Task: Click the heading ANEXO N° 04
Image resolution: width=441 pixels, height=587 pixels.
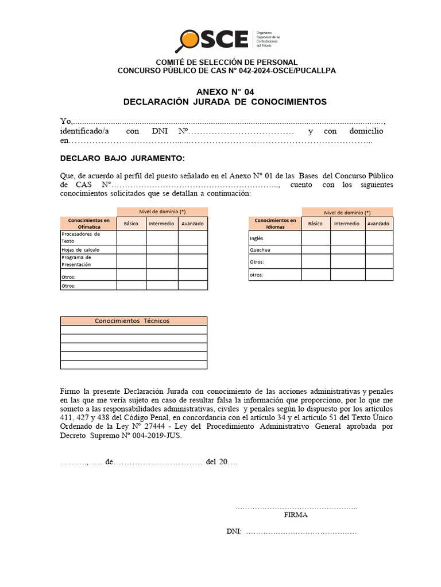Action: click(225, 92)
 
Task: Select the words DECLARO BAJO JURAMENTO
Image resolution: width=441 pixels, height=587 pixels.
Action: click(122, 158)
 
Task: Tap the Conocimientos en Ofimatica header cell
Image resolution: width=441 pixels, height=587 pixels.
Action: click(88, 224)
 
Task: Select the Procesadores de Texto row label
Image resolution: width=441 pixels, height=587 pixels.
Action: click(80, 237)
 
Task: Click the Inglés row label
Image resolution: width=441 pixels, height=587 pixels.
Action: click(256, 238)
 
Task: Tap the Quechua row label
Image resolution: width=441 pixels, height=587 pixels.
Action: click(260, 250)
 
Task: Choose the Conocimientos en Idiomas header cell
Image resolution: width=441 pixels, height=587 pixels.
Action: click(275, 224)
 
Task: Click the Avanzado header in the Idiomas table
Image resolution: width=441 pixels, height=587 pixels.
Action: click(378, 224)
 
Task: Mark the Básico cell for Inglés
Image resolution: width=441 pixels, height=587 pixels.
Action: click(316, 238)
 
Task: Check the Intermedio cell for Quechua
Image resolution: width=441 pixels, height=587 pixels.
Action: click(347, 250)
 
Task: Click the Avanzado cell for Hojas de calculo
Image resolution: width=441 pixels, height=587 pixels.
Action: click(192, 249)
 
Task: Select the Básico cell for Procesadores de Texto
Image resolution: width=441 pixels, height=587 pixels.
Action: click(131, 237)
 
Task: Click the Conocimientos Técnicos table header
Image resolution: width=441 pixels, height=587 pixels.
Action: click(133, 321)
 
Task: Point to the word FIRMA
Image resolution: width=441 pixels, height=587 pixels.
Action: click(296, 515)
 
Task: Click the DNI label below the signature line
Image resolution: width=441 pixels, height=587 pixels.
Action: click(234, 531)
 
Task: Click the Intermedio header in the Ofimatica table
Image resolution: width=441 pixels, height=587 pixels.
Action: click(161, 224)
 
